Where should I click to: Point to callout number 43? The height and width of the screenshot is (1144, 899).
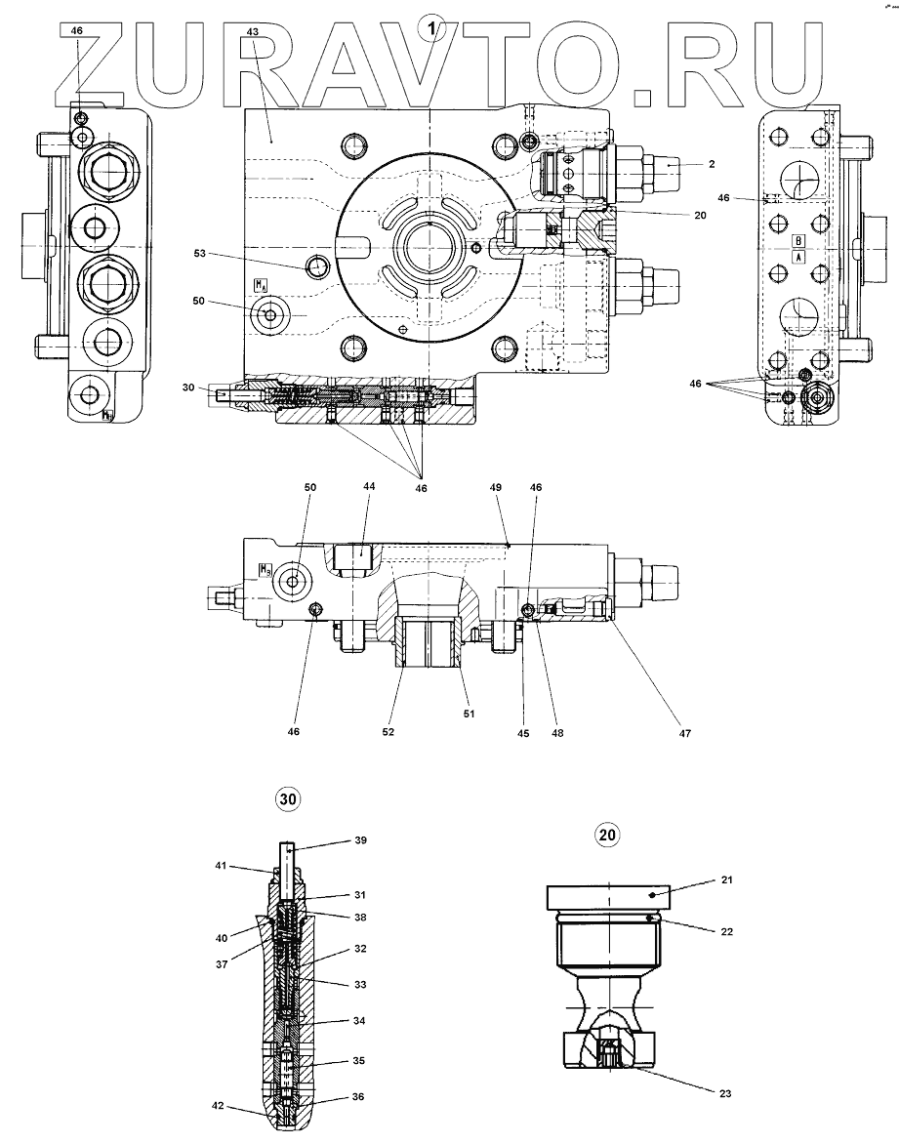tap(252, 32)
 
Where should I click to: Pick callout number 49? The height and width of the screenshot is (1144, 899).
tap(496, 486)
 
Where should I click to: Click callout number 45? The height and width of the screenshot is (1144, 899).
tap(523, 731)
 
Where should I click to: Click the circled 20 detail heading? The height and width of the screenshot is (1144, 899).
tap(606, 835)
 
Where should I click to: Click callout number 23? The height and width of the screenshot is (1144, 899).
tap(723, 1093)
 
